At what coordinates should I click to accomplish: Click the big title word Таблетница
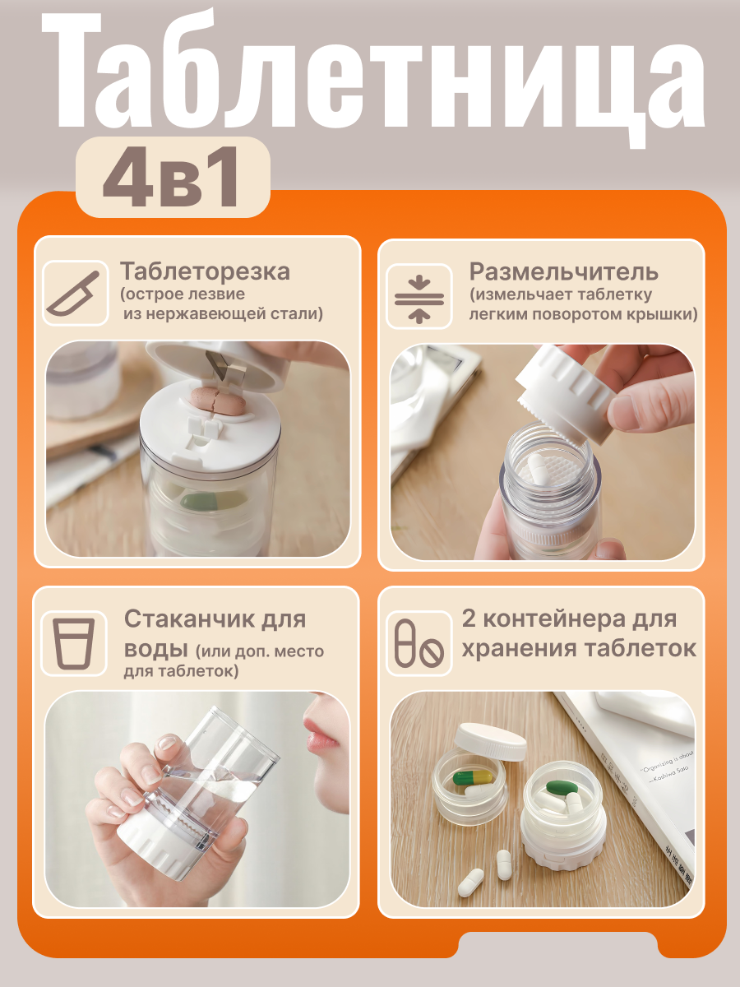(x=370, y=74)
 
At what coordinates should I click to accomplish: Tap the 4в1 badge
(x=173, y=178)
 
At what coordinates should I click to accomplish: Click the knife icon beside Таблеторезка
(x=74, y=294)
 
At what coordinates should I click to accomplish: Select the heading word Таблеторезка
(x=205, y=271)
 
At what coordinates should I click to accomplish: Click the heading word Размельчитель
(x=563, y=271)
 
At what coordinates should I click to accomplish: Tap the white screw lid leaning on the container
(x=491, y=743)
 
